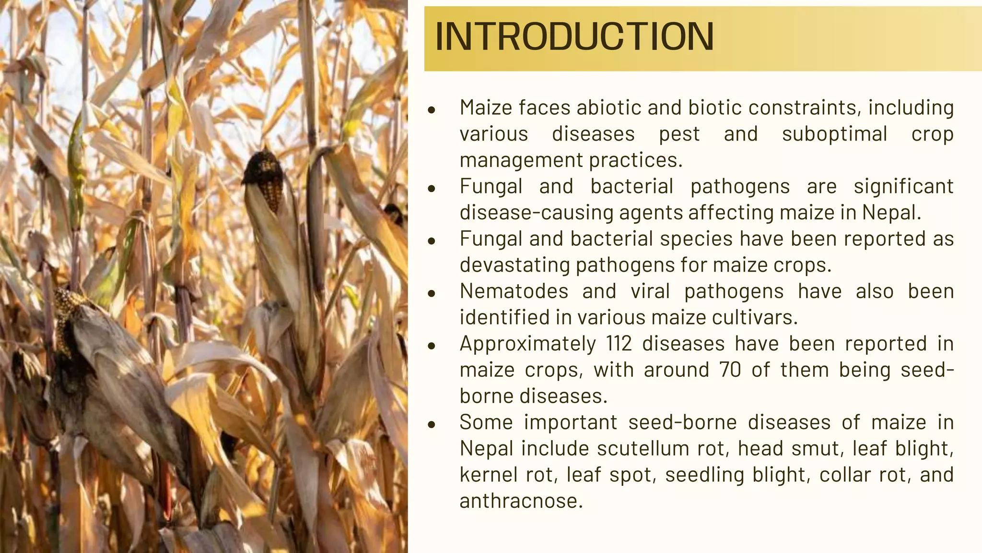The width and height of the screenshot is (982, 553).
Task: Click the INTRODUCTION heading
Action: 574,36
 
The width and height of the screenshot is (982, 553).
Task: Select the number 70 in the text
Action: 730,370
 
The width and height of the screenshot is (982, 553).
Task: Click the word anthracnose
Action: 521,501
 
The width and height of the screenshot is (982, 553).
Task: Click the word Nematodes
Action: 514,291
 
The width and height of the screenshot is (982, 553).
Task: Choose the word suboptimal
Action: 834,134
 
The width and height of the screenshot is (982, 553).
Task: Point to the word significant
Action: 903,186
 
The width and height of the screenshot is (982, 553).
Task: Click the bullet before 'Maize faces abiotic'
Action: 432,110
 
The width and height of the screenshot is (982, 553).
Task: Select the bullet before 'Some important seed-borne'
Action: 432,424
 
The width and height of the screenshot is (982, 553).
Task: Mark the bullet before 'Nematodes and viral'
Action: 432,293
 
